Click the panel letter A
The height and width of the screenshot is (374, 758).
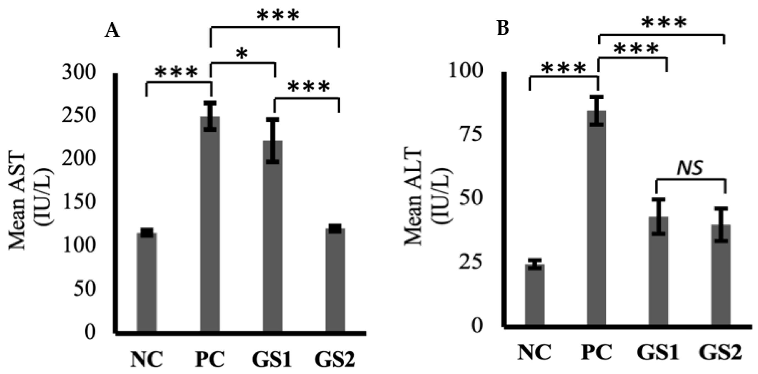tap(113, 31)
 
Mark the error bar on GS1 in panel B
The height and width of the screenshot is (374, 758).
tap(659, 217)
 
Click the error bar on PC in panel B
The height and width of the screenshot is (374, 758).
tap(597, 111)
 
